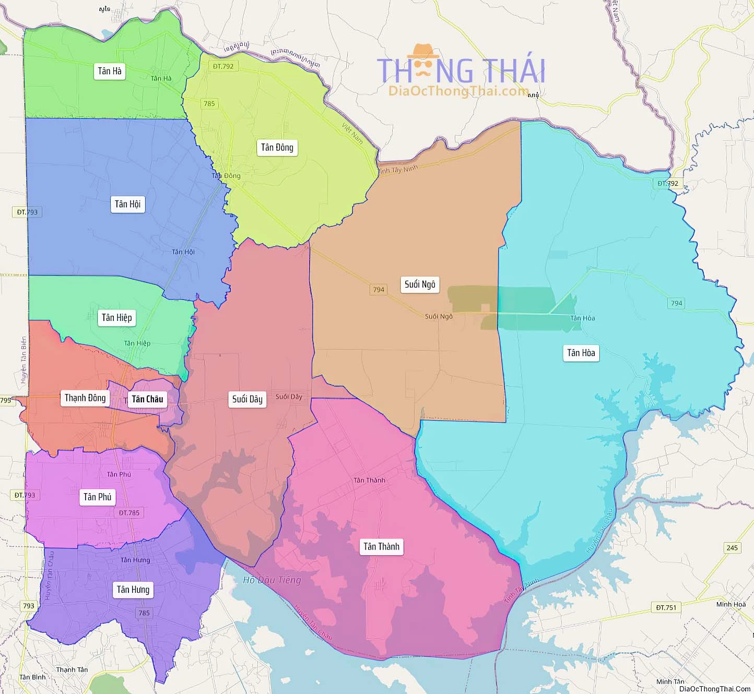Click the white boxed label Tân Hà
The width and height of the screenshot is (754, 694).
coord(110,71)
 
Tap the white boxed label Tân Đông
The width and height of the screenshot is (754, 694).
coord(277,148)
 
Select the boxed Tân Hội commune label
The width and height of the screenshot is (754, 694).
coord(127,204)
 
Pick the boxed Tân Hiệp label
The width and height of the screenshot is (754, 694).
coord(116,318)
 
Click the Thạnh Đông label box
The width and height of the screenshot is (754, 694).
coord(85,398)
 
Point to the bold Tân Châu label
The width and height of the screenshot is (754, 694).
coord(147,399)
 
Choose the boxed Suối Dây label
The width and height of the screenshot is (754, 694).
coord(247,399)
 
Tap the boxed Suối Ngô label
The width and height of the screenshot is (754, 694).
coord(420,284)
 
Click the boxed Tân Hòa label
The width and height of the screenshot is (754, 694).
coord(581,353)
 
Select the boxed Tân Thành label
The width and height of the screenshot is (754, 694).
coord(381,546)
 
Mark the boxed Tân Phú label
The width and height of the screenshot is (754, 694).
coord(98,497)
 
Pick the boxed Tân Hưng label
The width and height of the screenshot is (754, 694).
coord(133,590)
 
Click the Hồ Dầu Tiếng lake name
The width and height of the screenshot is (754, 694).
coord(272,580)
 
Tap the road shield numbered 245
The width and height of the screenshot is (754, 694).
coord(732,547)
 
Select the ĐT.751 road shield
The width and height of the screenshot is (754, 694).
coord(666,607)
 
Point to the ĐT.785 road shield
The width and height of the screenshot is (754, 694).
coord(129,512)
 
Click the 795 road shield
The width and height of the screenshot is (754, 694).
coord(6,400)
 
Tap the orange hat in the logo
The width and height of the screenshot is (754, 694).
coord(423,51)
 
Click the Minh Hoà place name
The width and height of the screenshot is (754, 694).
coord(731,604)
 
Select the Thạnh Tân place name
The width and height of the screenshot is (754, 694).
coord(72,669)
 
